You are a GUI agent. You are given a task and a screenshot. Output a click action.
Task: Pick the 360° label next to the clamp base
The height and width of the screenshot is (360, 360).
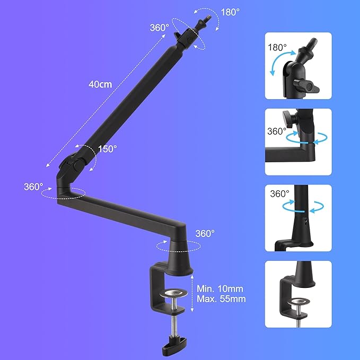[x=205, y=233]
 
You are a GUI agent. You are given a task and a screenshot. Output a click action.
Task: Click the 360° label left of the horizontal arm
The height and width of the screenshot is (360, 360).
[x=33, y=187]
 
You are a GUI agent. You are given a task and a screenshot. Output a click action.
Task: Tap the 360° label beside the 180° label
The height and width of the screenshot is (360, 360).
[x=159, y=27]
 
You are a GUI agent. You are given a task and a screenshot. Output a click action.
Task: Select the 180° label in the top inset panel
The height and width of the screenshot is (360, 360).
[x=277, y=47]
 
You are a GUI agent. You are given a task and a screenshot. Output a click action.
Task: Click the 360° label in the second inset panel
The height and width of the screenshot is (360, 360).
[x=277, y=130]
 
